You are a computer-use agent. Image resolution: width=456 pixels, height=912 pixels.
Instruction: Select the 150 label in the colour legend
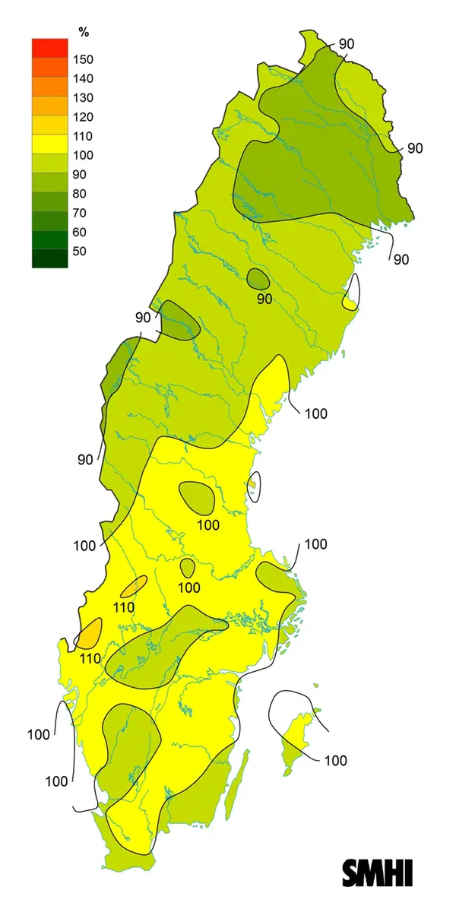(x=83, y=59)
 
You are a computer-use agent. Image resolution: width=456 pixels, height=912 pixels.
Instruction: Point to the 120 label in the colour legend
(x=83, y=117)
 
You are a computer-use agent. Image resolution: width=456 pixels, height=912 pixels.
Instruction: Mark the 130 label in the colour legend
(x=83, y=98)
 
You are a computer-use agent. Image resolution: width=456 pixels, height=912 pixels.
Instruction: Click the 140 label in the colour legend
(x=83, y=78)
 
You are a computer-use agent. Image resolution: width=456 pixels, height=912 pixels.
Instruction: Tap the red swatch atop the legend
(x=49, y=47)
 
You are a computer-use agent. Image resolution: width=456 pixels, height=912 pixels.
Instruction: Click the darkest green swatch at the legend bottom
(x=49, y=258)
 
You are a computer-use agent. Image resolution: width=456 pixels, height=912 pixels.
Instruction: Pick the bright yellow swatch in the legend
(x=49, y=143)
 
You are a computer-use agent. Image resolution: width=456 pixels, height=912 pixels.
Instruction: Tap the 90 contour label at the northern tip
(x=346, y=44)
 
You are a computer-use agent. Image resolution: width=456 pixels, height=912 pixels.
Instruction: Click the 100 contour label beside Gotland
(x=335, y=760)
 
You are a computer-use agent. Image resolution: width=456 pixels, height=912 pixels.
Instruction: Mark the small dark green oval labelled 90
(x=258, y=279)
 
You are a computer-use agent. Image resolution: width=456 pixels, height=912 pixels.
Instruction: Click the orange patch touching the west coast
(x=90, y=632)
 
